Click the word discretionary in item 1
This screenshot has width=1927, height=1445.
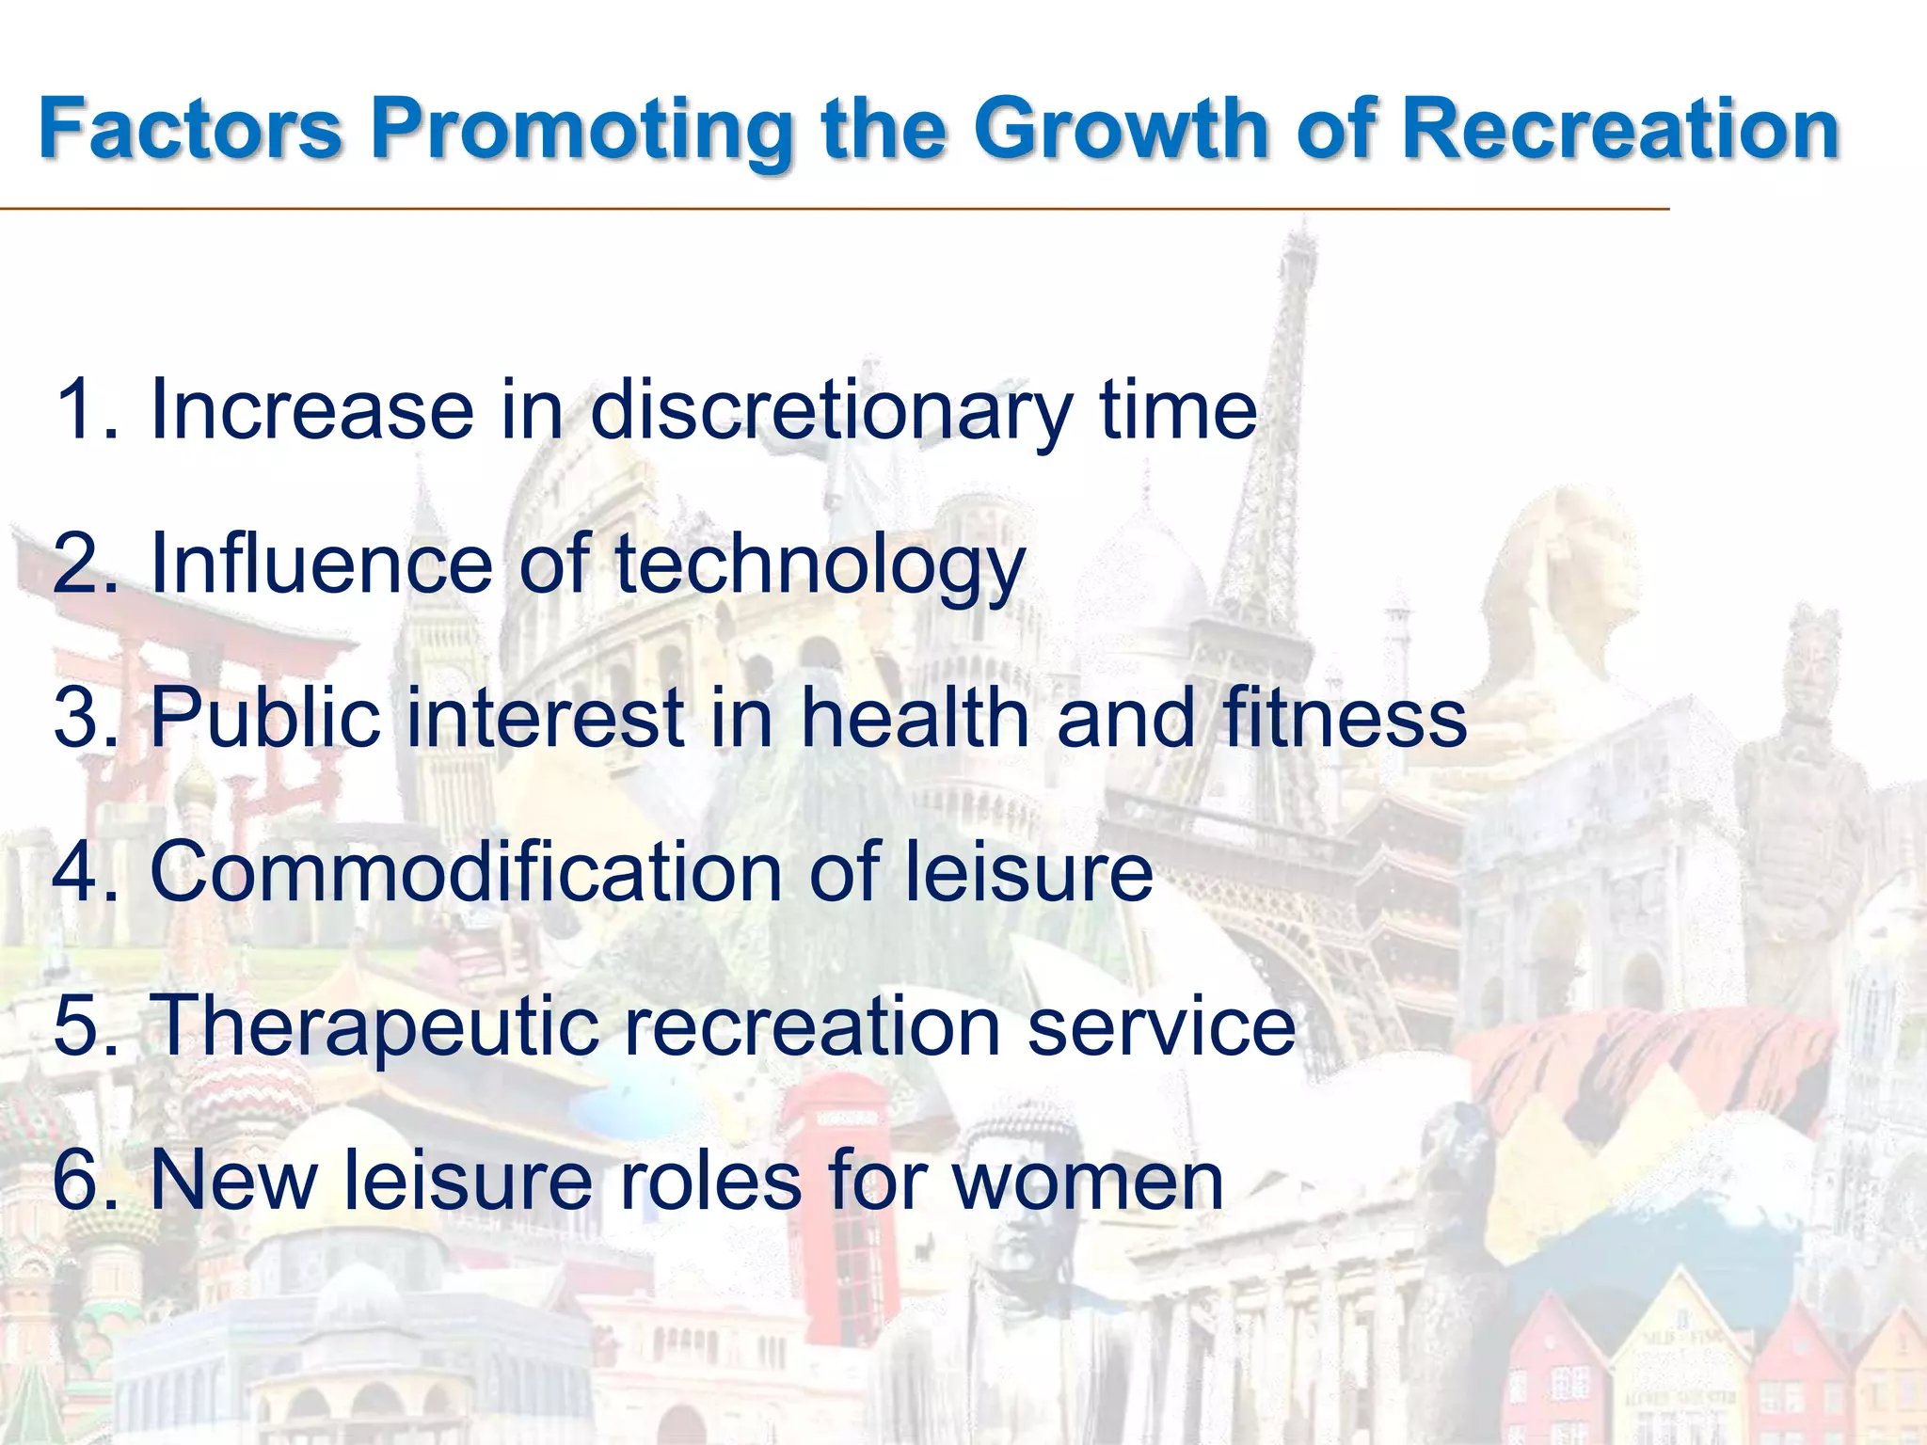pos(831,410)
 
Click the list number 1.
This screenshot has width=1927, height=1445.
pos(82,410)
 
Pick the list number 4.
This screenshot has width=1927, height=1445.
pos(82,871)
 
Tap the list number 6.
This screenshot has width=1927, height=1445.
pos(82,1180)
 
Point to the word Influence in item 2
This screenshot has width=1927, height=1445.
pos(321,564)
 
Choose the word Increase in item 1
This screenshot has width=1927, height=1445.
pos(311,410)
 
